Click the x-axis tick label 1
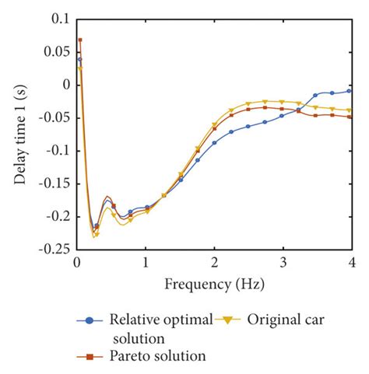(x=146, y=264)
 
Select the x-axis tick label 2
(x=214, y=264)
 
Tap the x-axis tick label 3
(x=283, y=264)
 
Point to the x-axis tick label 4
(x=352, y=264)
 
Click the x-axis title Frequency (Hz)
(x=213, y=284)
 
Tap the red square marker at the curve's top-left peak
(x=79, y=40)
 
